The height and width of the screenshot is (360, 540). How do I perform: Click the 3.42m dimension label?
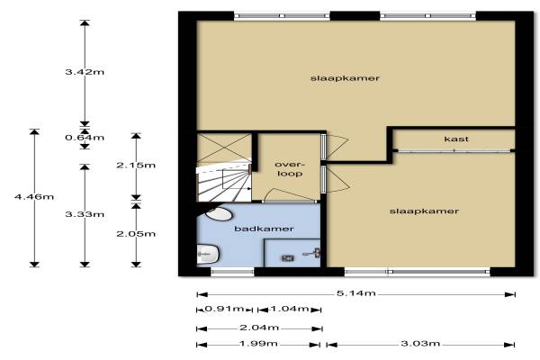(85, 72)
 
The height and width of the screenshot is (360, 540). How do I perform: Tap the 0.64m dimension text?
(85, 138)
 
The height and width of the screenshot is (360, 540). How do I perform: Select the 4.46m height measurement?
(34, 197)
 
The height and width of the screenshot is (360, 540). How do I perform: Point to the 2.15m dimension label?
(136, 165)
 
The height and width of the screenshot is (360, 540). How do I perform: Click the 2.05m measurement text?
(136, 234)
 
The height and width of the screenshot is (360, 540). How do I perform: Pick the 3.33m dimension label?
(85, 214)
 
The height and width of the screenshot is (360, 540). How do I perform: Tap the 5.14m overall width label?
(356, 293)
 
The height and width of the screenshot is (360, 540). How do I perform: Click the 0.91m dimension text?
(224, 309)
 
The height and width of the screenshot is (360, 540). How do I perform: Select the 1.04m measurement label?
(289, 309)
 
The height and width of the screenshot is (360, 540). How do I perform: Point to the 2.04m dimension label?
(259, 328)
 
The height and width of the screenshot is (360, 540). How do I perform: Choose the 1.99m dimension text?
(258, 344)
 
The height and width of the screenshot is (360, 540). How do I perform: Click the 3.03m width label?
(420, 344)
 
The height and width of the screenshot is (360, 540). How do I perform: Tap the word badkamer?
(264, 229)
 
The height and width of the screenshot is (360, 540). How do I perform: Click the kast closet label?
(456, 139)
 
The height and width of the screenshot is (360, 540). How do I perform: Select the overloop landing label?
(290, 169)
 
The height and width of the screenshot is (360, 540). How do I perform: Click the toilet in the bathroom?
(219, 214)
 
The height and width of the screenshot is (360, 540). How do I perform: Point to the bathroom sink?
(208, 255)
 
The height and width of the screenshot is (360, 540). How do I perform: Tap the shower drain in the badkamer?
(288, 257)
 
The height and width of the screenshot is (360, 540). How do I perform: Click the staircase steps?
(223, 184)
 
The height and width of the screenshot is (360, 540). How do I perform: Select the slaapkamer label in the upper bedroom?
(345, 78)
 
